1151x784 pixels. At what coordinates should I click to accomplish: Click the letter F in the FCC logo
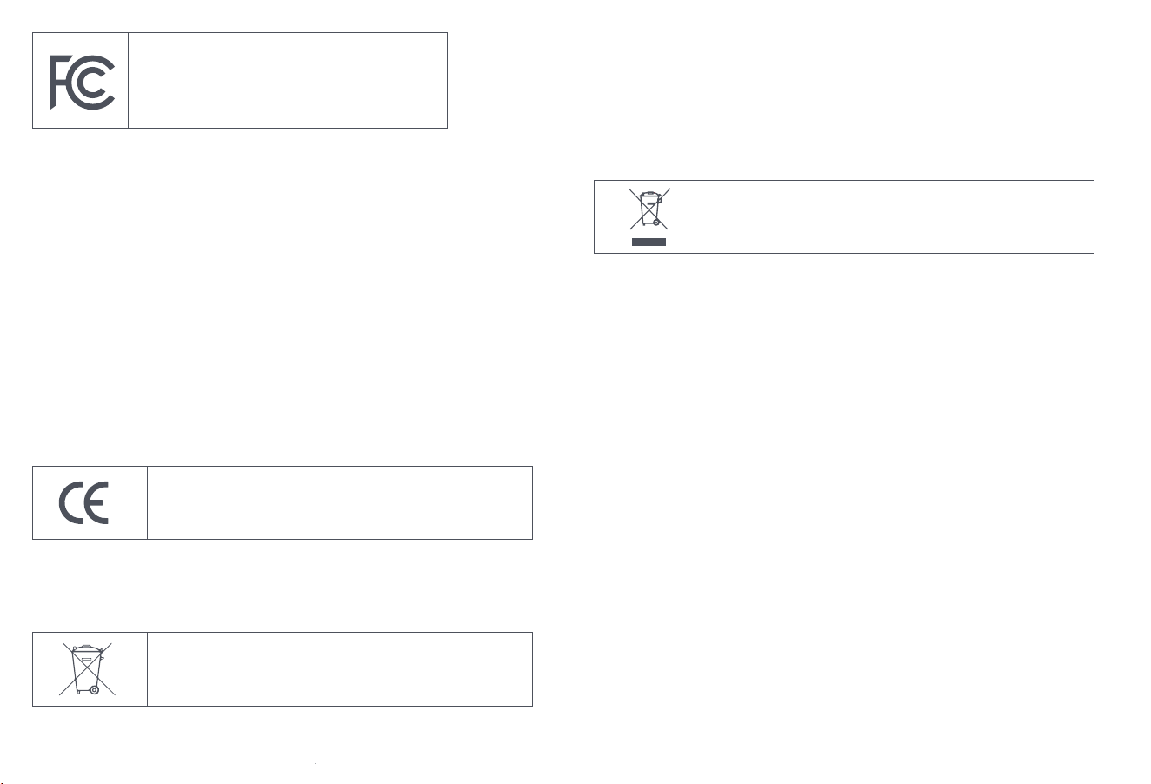53,83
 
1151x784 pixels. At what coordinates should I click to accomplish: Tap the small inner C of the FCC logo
86,83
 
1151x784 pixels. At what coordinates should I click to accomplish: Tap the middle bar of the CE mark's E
96,503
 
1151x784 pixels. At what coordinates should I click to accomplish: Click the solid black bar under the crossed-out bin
649,242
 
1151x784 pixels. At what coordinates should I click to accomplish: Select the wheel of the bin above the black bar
656,223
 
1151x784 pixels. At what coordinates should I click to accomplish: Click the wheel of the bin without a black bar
95,690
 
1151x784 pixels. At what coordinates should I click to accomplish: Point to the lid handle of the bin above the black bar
650,193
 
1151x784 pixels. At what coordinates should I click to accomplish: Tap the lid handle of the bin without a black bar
86,647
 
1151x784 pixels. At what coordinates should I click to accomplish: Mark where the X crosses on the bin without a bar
87,669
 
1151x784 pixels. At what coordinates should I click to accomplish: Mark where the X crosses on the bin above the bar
649,209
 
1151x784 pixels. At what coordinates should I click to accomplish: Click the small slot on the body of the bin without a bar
86,658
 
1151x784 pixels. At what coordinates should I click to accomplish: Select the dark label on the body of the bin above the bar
650,203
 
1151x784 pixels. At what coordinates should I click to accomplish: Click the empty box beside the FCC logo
288,80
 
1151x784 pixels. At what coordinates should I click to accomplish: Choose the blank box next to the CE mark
340,503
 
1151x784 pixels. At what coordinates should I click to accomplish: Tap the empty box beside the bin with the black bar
902,216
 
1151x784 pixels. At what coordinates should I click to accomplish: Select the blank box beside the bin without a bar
340,669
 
